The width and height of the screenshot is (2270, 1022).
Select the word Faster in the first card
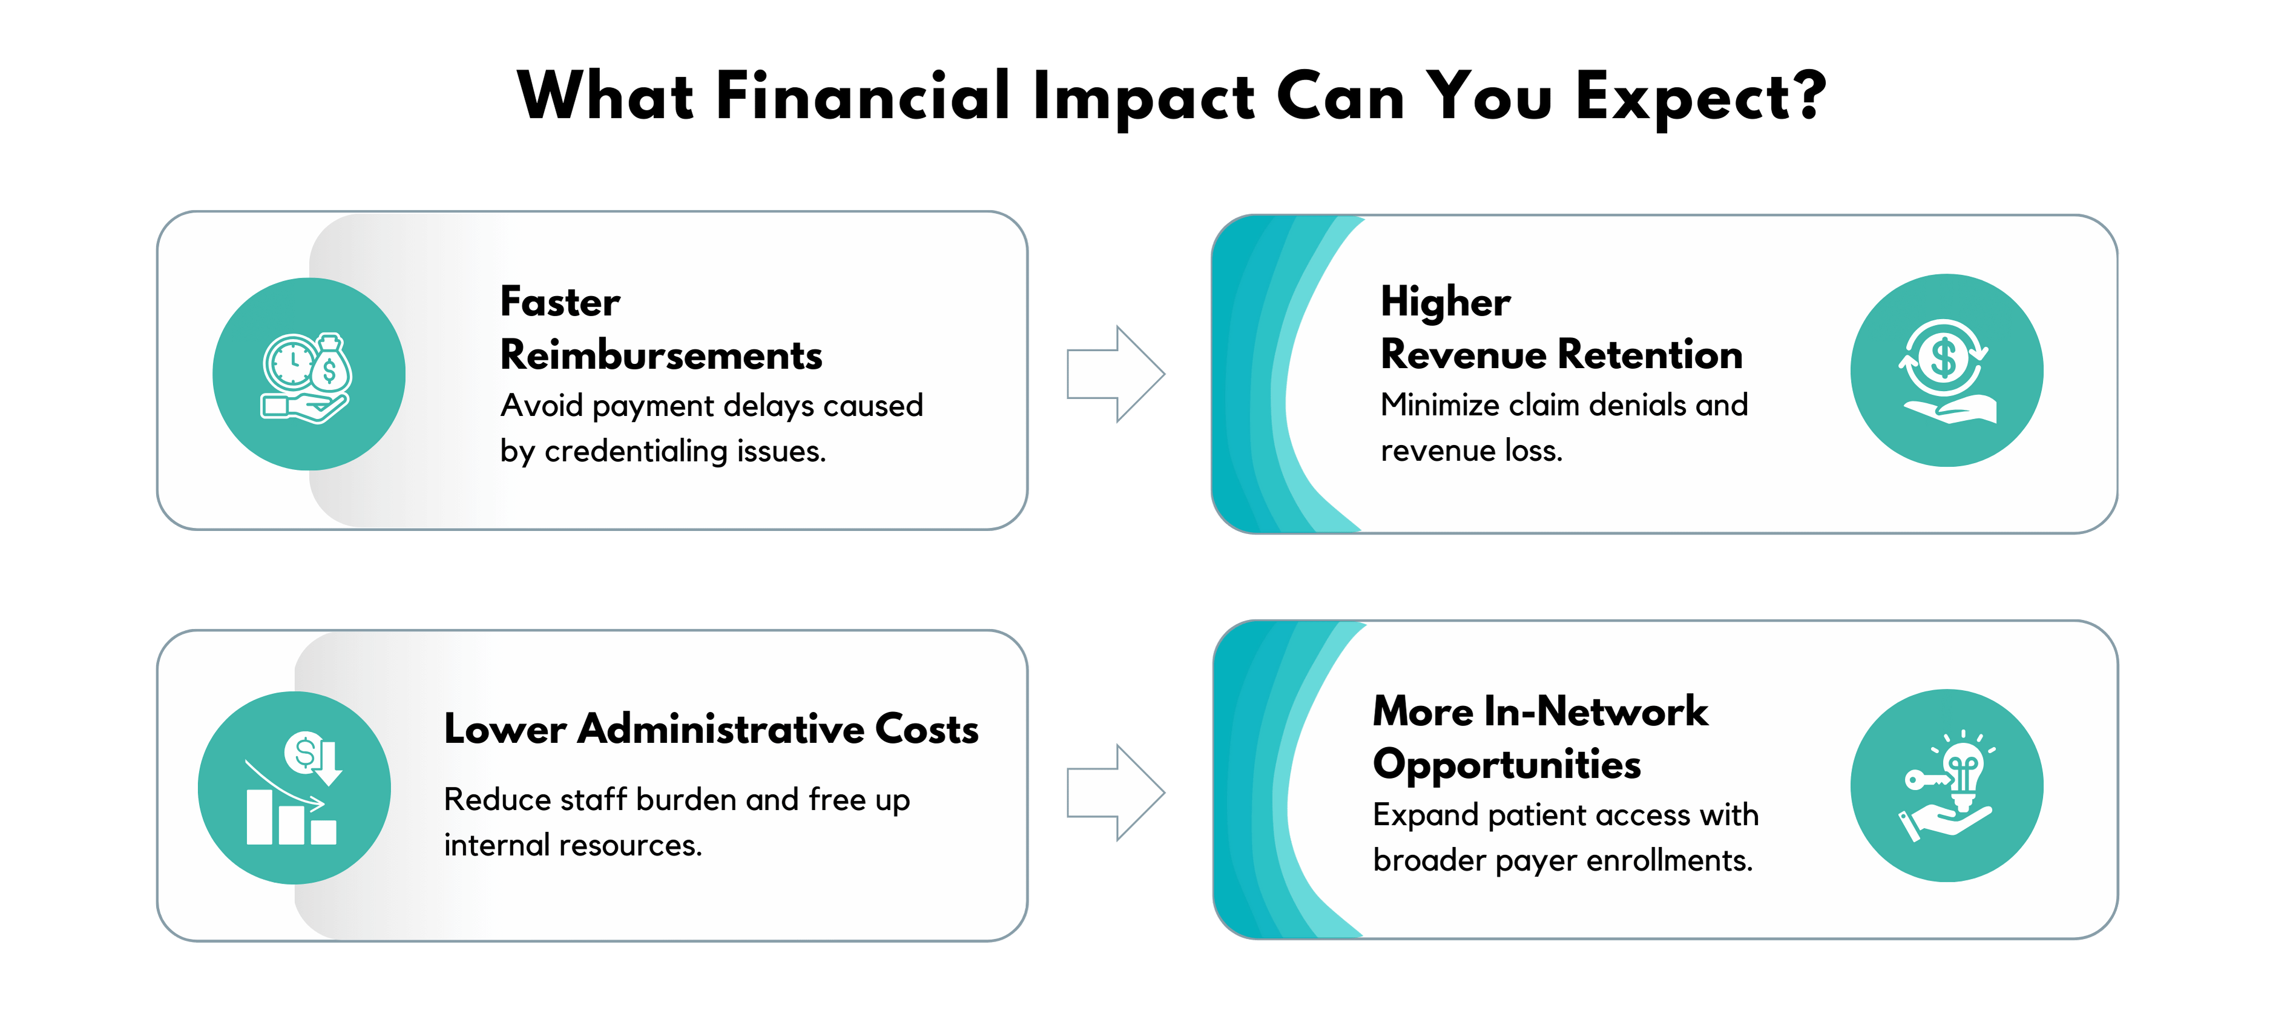pos(561,302)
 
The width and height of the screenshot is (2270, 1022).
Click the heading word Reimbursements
pos(661,355)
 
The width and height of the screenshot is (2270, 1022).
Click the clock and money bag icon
pos(308,377)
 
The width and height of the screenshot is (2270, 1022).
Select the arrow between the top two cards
pos(1116,374)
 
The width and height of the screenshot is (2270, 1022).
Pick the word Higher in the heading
pos(1445,302)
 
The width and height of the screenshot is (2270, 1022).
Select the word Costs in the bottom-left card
pos(927,728)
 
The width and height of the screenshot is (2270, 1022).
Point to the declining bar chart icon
pos(294,788)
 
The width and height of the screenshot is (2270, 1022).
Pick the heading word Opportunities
pos(1507,765)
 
